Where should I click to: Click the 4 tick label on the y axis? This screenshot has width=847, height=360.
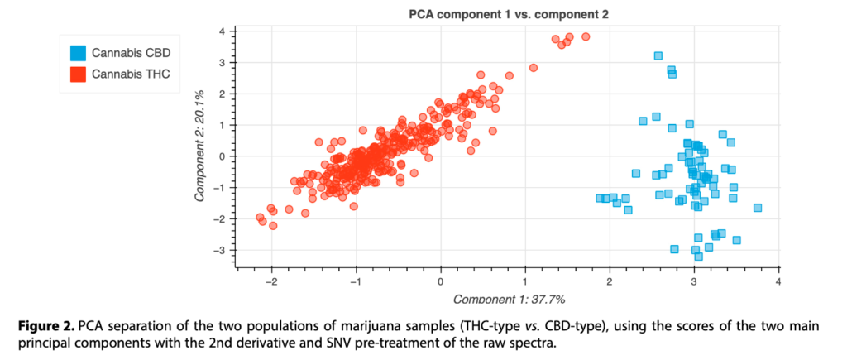[222, 31]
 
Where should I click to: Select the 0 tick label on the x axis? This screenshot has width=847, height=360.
[441, 282]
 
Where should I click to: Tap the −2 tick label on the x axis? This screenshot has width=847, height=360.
[270, 282]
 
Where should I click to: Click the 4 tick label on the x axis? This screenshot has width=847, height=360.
[778, 282]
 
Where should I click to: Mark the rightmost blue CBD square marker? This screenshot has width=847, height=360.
[757, 208]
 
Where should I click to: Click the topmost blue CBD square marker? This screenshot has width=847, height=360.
[658, 55]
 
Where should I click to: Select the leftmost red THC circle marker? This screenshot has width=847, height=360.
[259, 218]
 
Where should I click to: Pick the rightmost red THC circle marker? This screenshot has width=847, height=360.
[586, 36]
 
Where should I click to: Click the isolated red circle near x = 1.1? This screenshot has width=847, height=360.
[534, 68]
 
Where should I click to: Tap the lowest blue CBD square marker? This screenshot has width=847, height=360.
[699, 257]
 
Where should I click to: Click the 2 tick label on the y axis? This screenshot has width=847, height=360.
[222, 94]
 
